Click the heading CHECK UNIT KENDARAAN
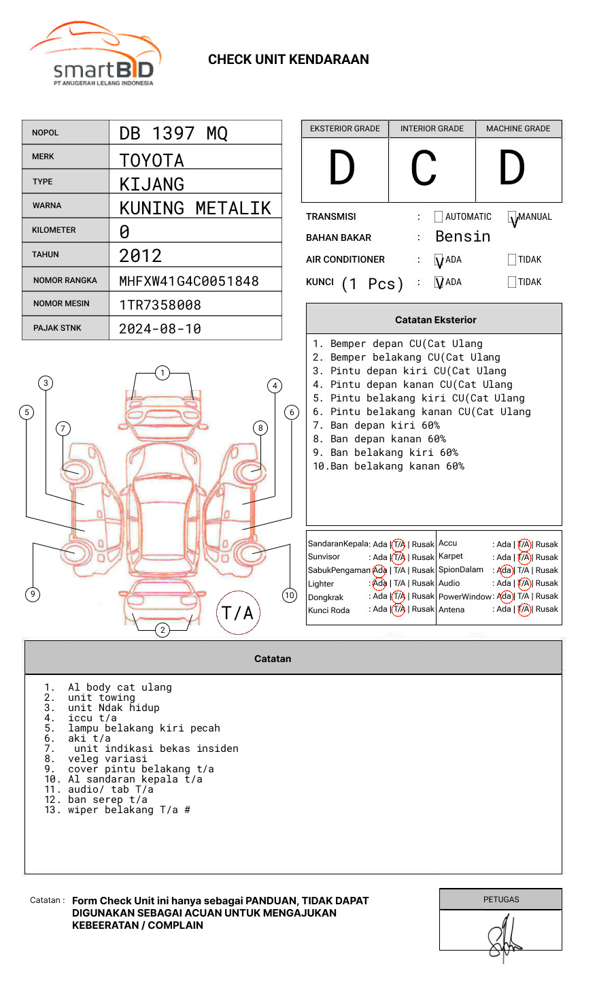(x=288, y=60)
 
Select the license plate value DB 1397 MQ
(x=173, y=133)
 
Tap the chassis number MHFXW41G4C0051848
(x=189, y=281)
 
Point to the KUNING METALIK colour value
(x=195, y=208)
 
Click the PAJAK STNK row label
(x=57, y=328)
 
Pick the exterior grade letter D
(x=342, y=169)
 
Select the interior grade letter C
(x=424, y=169)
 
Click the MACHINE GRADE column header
(x=518, y=129)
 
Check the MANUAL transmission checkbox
(x=512, y=217)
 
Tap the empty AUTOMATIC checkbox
(x=439, y=217)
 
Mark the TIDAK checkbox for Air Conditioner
(x=512, y=260)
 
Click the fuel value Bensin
(x=462, y=237)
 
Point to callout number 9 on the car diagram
(x=33, y=594)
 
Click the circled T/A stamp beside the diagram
(x=238, y=613)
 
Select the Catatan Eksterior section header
(x=435, y=320)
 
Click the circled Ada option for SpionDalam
(x=505, y=570)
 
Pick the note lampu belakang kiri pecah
(x=144, y=728)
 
